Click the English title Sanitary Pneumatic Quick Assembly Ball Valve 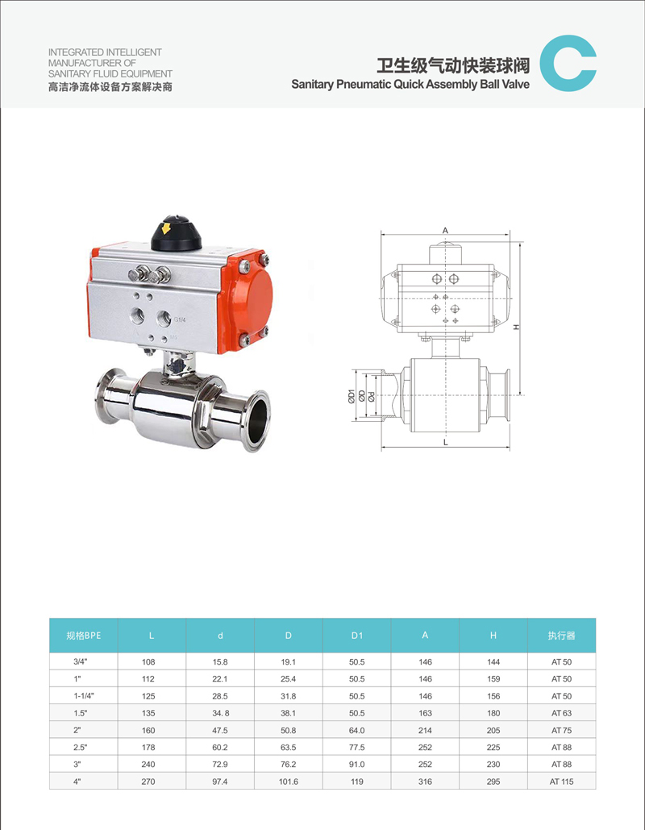point(410,84)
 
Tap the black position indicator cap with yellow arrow point(177,233)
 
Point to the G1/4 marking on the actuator point(180,319)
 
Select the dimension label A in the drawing point(446,230)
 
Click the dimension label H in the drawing point(517,327)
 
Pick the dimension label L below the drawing point(446,442)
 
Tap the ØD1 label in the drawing point(351,396)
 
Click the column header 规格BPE point(84,636)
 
